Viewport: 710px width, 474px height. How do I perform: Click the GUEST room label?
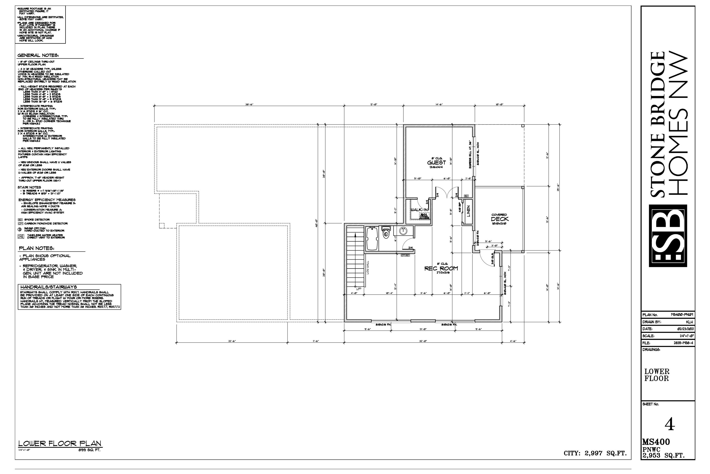click(x=436, y=162)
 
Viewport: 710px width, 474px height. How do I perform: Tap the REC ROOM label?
click(x=441, y=268)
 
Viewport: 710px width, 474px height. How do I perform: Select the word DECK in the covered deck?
click(x=500, y=219)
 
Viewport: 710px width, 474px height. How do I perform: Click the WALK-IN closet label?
click(x=419, y=210)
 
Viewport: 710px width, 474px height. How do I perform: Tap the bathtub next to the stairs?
click(x=372, y=239)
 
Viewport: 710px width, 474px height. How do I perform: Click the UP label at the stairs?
click(x=358, y=289)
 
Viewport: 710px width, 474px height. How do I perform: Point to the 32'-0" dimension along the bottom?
click(x=423, y=341)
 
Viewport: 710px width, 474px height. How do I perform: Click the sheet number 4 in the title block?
click(x=670, y=424)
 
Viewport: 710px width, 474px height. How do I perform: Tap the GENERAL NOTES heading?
click(x=38, y=55)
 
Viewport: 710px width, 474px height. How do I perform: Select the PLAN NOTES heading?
click(x=36, y=248)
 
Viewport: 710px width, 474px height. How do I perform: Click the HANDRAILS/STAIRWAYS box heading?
click(x=49, y=287)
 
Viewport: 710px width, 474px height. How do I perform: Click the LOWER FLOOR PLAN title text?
click(x=60, y=443)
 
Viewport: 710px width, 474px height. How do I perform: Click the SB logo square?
click(x=668, y=236)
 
